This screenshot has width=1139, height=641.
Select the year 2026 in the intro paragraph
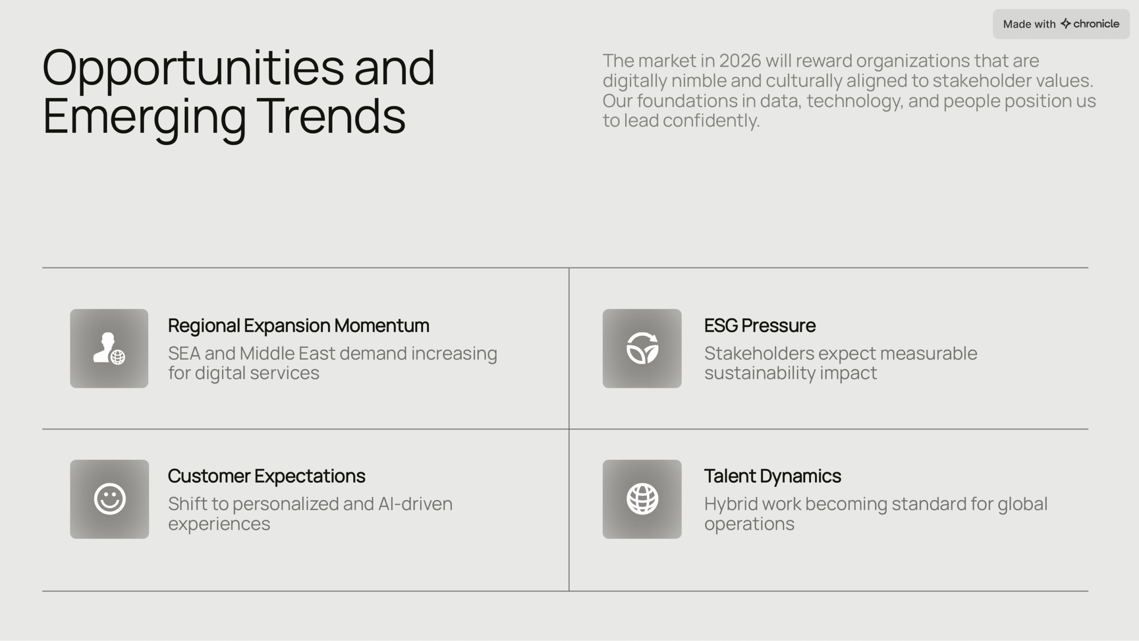click(x=740, y=61)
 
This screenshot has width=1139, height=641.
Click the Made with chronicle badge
click(x=1061, y=24)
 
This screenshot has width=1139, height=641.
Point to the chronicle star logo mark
click(x=1066, y=24)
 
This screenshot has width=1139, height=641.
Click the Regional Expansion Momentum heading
click(x=299, y=326)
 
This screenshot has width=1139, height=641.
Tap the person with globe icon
click(x=109, y=349)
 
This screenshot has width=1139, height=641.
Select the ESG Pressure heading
click(x=760, y=325)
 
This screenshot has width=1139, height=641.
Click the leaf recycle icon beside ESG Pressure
click(x=642, y=348)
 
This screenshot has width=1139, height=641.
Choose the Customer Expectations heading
click(x=267, y=476)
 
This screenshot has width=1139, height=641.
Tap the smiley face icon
click(x=110, y=499)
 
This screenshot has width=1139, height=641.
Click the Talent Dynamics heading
click(x=772, y=476)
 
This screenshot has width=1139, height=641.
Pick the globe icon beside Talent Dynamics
click(x=642, y=499)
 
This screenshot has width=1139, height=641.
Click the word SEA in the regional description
click(x=184, y=353)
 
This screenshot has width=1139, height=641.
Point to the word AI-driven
click(x=415, y=504)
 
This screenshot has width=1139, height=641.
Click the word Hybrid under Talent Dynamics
click(x=731, y=504)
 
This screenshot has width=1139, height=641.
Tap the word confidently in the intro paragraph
click(x=711, y=121)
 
